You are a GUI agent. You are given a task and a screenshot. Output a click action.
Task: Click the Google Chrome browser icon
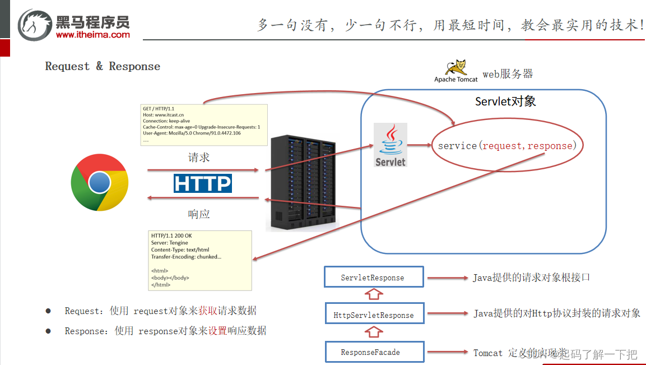[x=100, y=183]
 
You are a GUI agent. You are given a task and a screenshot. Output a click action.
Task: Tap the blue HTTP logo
[x=202, y=183]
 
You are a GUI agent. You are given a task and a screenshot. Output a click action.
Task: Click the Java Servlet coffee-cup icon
[x=391, y=145]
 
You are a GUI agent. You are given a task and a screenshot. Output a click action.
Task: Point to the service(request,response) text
[x=507, y=146]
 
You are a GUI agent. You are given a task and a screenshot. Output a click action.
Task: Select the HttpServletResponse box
[x=374, y=315]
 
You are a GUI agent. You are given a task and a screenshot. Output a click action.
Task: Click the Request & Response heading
[x=103, y=66]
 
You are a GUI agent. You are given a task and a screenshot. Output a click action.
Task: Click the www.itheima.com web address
[x=92, y=35]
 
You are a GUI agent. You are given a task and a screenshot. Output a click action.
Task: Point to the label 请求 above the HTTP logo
[x=198, y=158]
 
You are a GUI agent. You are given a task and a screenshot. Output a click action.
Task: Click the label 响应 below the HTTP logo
[x=198, y=214]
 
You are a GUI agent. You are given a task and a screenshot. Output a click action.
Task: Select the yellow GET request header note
[x=203, y=125]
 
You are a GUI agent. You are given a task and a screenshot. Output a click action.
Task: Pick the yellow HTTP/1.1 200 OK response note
[x=199, y=260]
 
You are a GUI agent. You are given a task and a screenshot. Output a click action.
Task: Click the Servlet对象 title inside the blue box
[x=505, y=101]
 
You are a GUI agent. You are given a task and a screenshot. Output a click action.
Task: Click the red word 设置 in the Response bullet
[x=217, y=331]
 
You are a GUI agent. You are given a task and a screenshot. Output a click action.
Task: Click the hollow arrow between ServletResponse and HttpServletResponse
[x=373, y=295]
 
